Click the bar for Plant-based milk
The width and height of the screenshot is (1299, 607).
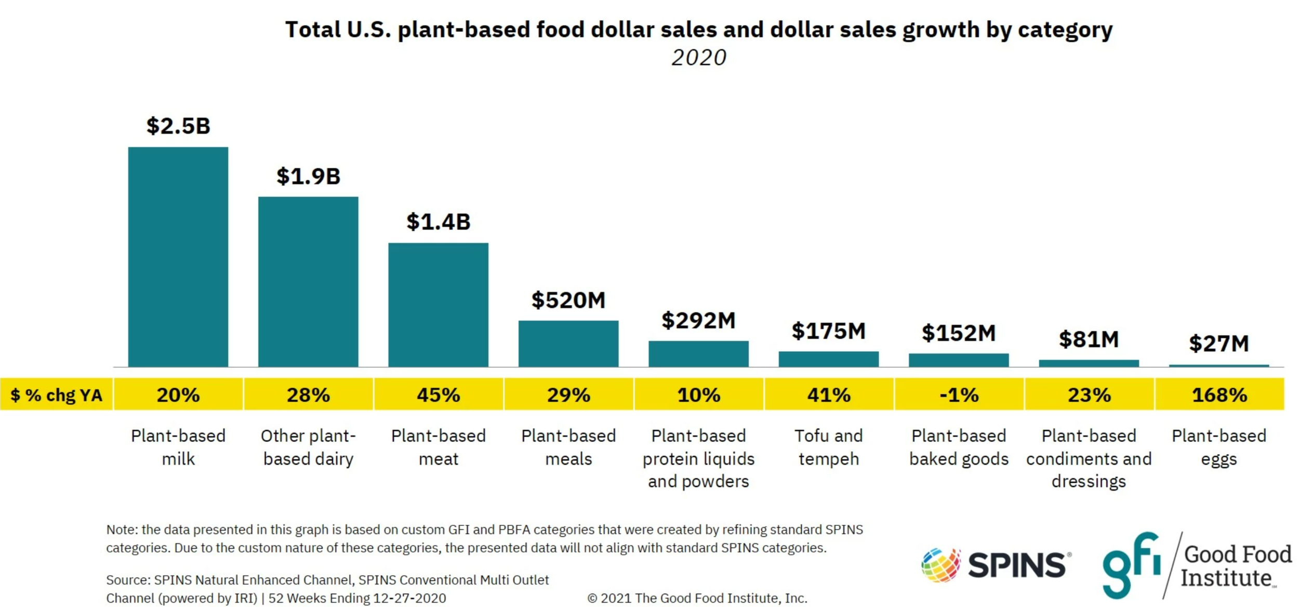(x=178, y=257)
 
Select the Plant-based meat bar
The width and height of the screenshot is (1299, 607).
(x=438, y=305)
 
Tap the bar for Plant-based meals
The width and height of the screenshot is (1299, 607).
(x=568, y=344)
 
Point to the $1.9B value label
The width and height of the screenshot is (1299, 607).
(x=308, y=176)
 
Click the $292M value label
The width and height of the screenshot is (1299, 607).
(x=698, y=321)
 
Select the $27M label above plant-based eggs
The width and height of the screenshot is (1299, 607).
(x=1218, y=344)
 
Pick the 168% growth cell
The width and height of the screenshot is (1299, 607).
(x=1219, y=395)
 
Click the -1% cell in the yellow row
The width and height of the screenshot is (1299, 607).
(x=959, y=395)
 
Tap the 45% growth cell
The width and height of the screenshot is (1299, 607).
(x=438, y=395)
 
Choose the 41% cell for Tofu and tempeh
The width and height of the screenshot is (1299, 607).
(x=828, y=395)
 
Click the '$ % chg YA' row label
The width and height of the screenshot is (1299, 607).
(x=56, y=395)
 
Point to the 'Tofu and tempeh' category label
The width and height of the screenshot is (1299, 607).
(x=828, y=447)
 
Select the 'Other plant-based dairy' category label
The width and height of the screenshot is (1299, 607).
(x=308, y=447)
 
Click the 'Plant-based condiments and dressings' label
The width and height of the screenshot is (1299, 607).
(x=1089, y=458)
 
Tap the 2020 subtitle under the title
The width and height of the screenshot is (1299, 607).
(x=698, y=58)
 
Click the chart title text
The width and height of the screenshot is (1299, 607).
(x=698, y=30)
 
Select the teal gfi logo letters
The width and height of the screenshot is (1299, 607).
(x=1131, y=565)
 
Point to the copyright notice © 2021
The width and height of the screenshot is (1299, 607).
(x=697, y=598)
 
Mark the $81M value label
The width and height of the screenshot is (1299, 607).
(x=1089, y=339)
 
